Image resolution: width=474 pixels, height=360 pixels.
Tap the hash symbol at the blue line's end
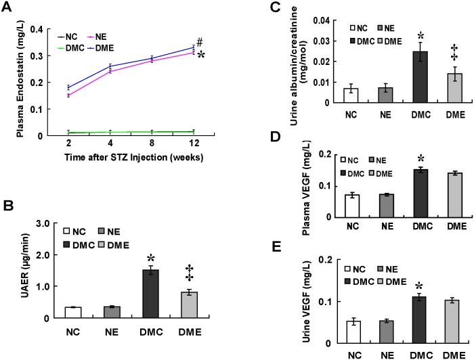(x=199, y=41)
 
